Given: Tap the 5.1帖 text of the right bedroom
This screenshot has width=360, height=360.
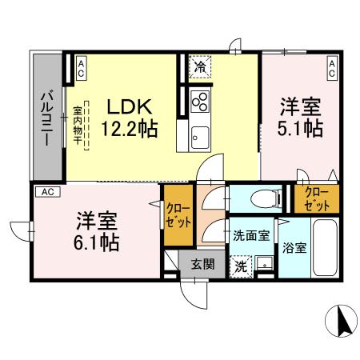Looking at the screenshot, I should (301, 128).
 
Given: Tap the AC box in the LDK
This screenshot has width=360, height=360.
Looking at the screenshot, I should (81, 69).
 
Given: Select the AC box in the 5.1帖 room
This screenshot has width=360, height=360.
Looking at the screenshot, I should (331, 69).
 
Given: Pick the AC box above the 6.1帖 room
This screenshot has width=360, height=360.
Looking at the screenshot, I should (47, 192).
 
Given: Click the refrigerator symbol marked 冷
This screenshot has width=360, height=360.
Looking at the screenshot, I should (199, 67).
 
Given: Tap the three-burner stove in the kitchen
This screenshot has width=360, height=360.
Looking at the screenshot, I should (200, 103).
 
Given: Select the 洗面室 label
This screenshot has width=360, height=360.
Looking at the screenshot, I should (250, 236).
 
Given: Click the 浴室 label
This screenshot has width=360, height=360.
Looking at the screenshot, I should (295, 247).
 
